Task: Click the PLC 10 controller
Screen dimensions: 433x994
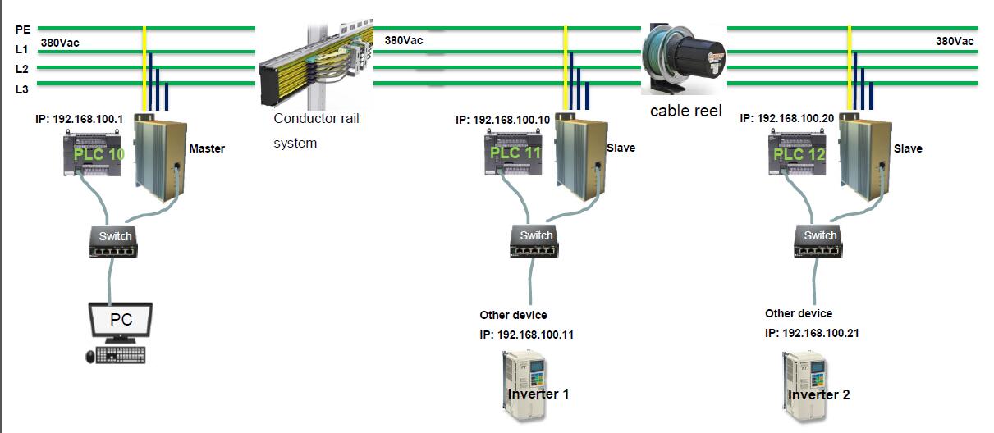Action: pos(97,153)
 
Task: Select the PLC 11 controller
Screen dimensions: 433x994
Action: pos(515,153)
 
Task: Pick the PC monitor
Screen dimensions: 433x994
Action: pos(120,322)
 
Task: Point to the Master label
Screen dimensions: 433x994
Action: pos(207,149)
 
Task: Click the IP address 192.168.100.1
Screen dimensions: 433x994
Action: pos(80,119)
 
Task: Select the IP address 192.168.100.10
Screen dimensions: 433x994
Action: pos(503,120)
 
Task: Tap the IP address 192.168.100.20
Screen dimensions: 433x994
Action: pos(787,118)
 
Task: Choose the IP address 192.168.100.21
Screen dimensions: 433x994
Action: pos(812,333)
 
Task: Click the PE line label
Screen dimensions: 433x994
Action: pos(22,30)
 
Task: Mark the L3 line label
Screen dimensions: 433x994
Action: pos(22,89)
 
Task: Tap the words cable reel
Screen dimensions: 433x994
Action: pos(685,111)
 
